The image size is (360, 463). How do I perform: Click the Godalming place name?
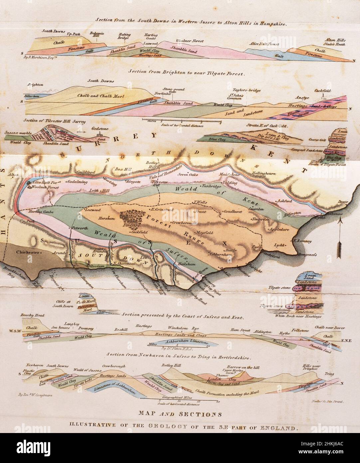[x=77, y=182]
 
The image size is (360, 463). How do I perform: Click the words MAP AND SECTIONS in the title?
[x=180, y=415]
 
